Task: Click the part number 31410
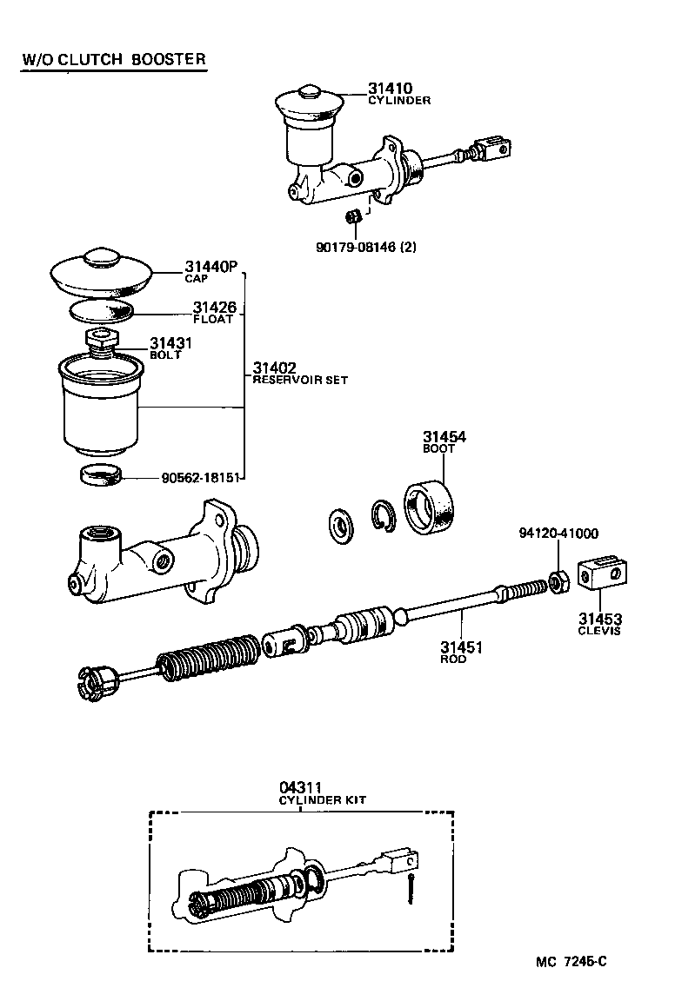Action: pyautogui.click(x=389, y=89)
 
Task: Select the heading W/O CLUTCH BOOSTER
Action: pyautogui.click(x=114, y=60)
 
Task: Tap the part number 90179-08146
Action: pyautogui.click(x=365, y=247)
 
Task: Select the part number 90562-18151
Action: pyautogui.click(x=202, y=477)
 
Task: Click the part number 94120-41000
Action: pyautogui.click(x=558, y=534)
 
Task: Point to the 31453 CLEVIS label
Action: pyautogui.click(x=600, y=623)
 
